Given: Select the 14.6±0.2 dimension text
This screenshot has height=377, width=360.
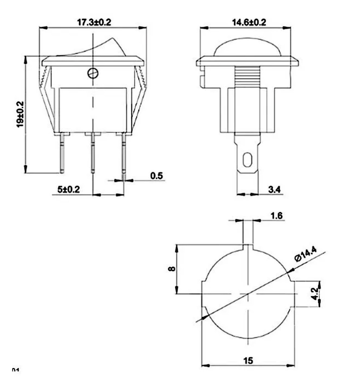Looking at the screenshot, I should click(x=248, y=22).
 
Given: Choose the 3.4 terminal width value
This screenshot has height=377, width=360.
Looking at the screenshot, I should click(x=274, y=190).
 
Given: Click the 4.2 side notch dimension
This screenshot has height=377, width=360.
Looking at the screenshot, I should click(x=315, y=293).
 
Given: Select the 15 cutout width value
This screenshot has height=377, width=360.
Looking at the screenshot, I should click(x=248, y=360).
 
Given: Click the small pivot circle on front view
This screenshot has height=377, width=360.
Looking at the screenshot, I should click(x=93, y=73).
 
